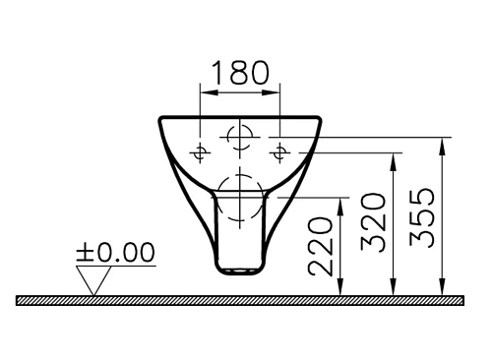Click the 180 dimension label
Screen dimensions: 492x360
coord(240,72)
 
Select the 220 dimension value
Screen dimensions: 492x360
coord(320,246)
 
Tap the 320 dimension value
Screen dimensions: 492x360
coord(372,222)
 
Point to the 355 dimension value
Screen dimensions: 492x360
coord(422,217)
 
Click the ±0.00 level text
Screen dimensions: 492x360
coord(115,252)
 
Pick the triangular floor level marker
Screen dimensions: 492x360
coord(93,280)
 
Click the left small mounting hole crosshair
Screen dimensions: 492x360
coord(200,152)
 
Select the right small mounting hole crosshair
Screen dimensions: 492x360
coord(279,152)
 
